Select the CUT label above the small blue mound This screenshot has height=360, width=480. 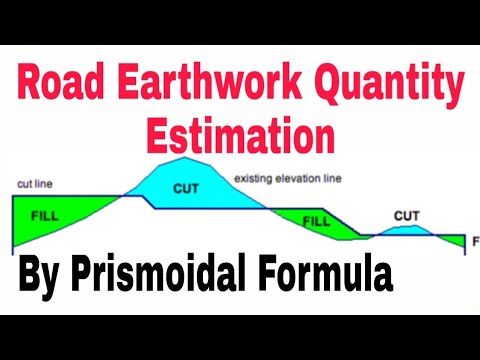click(x=406, y=215)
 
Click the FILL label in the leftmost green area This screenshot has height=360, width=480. click(x=45, y=214)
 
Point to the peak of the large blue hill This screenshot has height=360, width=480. click(x=184, y=159)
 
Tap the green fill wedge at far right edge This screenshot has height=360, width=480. click(x=457, y=241)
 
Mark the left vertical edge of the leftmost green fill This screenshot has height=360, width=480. click(x=12, y=222)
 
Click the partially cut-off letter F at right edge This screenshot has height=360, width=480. click(x=475, y=241)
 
